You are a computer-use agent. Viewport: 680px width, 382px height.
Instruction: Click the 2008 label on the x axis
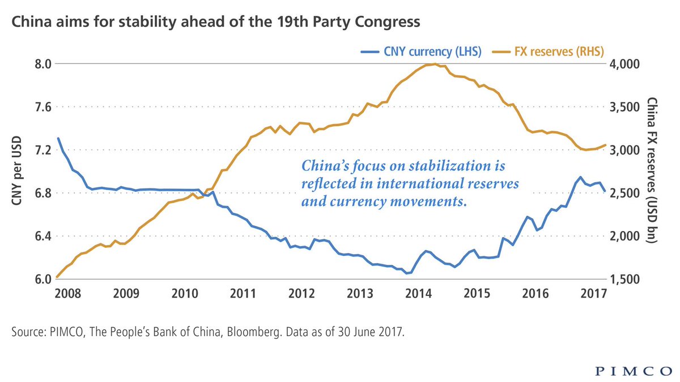(67, 294)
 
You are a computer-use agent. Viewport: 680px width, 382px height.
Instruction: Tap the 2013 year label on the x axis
(360, 294)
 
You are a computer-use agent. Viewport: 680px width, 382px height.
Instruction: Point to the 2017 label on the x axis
(594, 294)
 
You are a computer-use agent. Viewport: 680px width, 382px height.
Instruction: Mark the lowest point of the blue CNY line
(407, 273)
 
